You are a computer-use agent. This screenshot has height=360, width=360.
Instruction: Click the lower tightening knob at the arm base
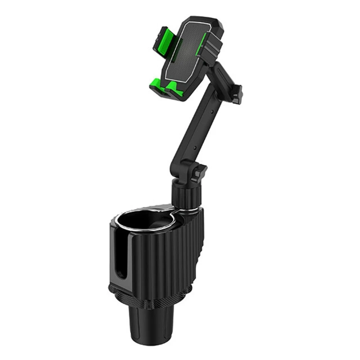point(198,173)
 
